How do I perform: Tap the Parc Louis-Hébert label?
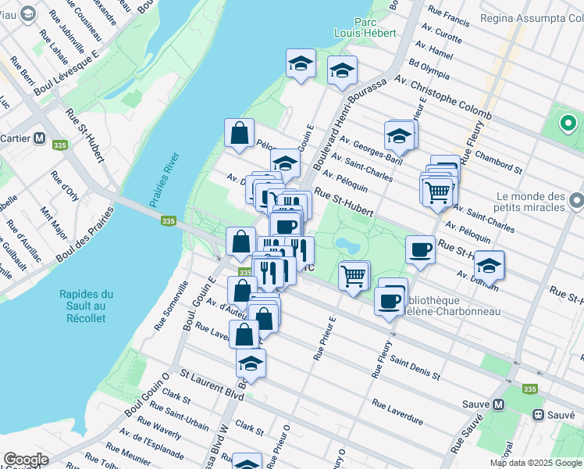coord(365,27)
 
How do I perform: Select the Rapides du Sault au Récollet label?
coord(86,306)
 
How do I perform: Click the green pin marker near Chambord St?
coord(568,124)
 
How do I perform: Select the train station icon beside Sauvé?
coord(537,414)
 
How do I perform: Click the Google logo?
coord(26,460)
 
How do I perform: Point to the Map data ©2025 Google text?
coord(535,463)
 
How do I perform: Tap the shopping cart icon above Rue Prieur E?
coord(354,275)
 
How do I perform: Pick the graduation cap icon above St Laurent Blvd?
coord(251,363)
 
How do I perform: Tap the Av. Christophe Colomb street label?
coord(442,97)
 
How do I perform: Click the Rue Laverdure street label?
coord(397,412)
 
